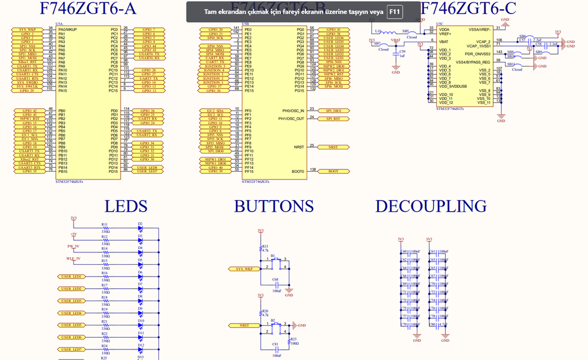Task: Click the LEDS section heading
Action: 125,206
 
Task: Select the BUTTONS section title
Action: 274,206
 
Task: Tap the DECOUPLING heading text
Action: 431,206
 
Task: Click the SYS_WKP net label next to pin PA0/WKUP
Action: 26,29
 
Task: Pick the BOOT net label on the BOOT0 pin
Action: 333,171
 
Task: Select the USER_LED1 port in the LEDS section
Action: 71,276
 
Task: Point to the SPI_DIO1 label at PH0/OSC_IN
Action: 333,111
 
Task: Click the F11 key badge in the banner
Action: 394,12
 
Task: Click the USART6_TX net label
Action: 148,54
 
